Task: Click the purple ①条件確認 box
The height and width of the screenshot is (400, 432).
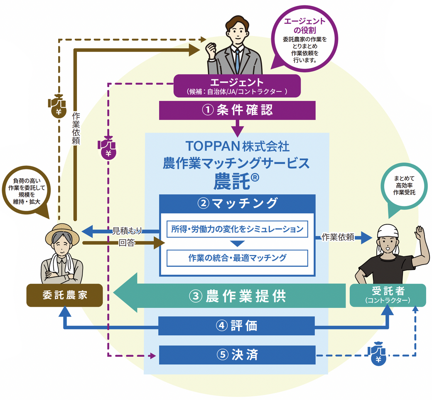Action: [237, 110]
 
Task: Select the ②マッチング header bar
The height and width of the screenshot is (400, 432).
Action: [237, 203]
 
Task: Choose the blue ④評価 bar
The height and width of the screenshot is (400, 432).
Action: [237, 326]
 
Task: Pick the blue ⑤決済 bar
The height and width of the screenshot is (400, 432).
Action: [237, 355]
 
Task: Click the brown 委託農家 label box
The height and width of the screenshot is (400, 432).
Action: [64, 295]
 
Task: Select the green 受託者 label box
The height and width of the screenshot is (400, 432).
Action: [387, 295]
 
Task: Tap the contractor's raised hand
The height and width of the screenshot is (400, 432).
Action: [420, 233]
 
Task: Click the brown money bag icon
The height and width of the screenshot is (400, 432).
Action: [57, 106]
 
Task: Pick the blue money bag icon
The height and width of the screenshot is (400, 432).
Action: [378, 354]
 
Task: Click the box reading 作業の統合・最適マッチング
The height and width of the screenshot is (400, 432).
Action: [237, 258]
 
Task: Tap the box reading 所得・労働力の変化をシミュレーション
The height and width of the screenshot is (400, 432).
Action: [237, 229]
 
